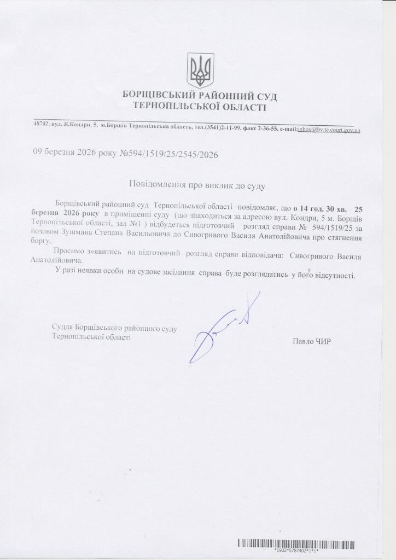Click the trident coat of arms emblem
tap(200, 69)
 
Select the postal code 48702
tap(40, 125)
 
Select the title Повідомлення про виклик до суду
tap(197, 186)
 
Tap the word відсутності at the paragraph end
tap(334, 275)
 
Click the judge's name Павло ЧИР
tap(312, 342)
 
